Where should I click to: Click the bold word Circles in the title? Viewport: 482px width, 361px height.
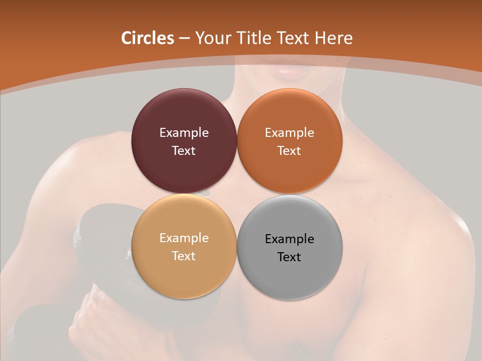coord(147,38)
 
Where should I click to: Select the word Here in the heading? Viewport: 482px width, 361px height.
coord(333,38)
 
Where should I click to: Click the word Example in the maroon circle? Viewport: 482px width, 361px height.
coord(184,133)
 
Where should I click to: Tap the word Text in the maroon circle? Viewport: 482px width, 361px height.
coord(184,151)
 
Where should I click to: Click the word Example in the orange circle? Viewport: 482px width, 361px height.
coord(289,133)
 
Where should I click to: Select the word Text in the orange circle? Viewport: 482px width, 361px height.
coord(289,151)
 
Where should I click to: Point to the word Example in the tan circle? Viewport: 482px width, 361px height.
coord(184,238)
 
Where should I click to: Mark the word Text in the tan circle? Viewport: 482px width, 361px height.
coord(184,256)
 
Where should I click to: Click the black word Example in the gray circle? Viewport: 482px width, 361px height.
coord(289,239)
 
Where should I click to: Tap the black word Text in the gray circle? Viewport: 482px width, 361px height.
coord(289,257)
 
